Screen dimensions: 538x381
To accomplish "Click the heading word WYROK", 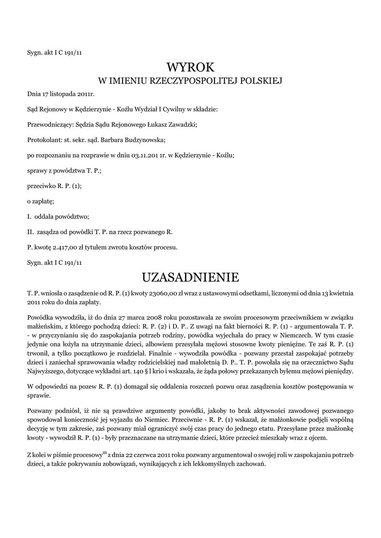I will [x=190, y=67].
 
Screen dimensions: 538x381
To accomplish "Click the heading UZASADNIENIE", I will [x=190, y=276].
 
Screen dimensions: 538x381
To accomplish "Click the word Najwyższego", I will [x=47, y=371].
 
